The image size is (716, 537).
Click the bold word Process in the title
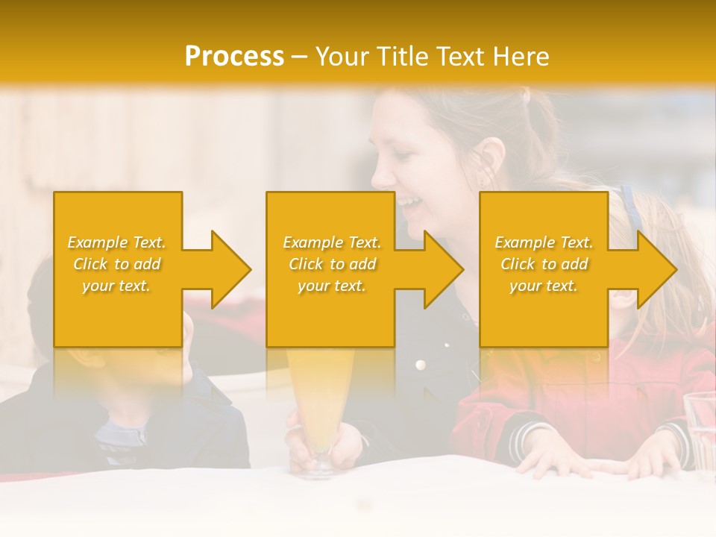(234, 57)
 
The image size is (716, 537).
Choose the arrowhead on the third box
(655, 269)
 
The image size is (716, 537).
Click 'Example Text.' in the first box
(116, 242)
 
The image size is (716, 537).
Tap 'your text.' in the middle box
(331, 286)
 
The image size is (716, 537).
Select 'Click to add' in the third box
(544, 264)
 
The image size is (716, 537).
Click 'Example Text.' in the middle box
(331, 242)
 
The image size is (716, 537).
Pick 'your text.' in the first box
(116, 286)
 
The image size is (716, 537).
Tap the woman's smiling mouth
(406, 203)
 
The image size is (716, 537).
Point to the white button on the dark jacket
(421, 365)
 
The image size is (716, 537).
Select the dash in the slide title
(300, 57)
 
